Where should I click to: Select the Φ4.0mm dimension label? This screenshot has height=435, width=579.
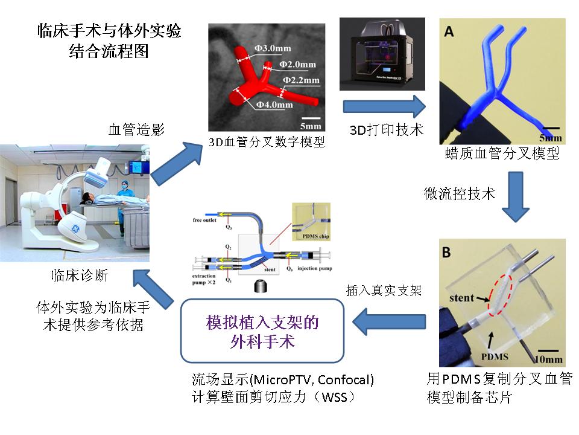(x=274, y=105)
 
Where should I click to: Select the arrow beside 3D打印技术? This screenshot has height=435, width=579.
(x=384, y=106)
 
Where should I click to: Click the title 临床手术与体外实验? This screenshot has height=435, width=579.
(x=109, y=31)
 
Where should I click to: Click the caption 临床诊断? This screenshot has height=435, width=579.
(x=80, y=275)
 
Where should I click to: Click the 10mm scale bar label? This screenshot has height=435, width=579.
(x=550, y=360)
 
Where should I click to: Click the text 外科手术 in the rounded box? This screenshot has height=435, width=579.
(x=262, y=342)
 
